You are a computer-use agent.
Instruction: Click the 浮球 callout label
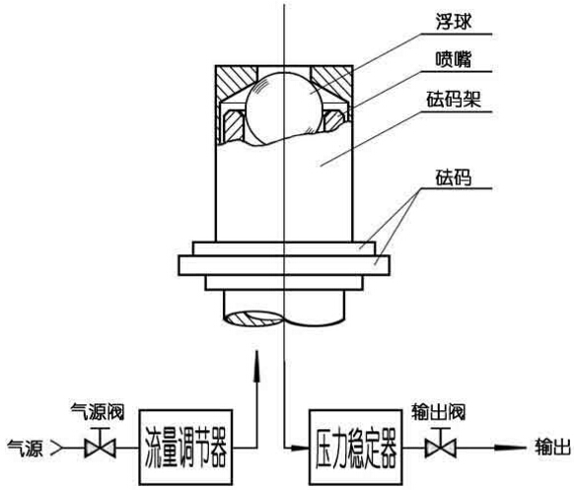[454, 22]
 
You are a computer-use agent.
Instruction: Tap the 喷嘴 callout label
[454, 60]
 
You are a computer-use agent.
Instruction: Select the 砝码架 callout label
[454, 100]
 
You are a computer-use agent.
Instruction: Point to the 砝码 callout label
[454, 177]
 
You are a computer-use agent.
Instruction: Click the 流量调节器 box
[185, 447]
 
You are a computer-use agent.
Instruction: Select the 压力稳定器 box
[355, 447]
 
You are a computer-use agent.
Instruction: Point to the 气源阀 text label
[98, 412]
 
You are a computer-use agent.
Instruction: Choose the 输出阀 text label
[439, 412]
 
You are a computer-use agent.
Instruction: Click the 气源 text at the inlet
[26, 448]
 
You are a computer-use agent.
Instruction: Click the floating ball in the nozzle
[285, 108]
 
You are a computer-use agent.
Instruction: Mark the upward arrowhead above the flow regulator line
[257, 367]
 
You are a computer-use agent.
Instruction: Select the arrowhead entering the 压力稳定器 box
[300, 448]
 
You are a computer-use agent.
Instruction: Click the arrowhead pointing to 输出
[510, 448]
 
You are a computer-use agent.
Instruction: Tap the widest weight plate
[284, 265]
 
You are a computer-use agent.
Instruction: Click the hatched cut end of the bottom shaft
[253, 319]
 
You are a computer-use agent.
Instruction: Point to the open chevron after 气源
[57, 448]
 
